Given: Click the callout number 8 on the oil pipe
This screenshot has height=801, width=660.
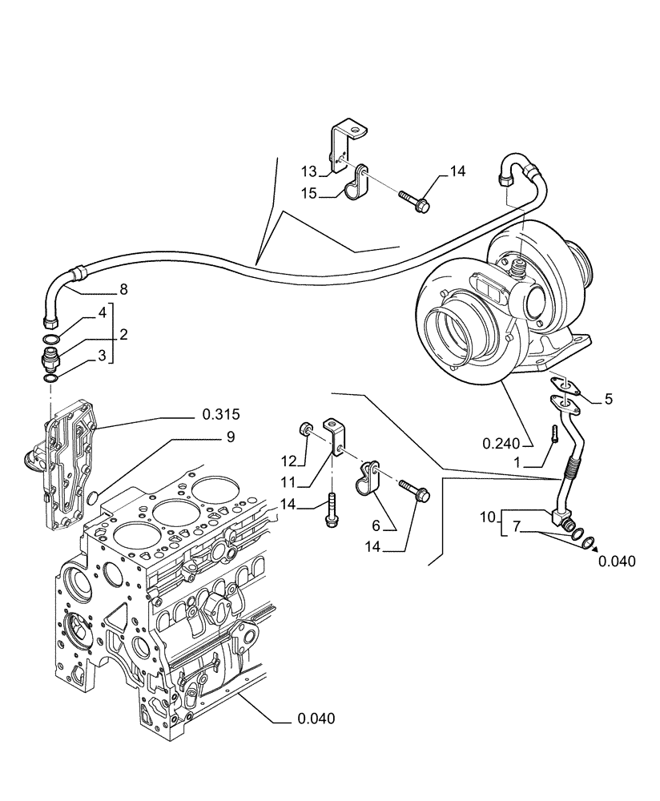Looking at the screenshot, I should click(x=123, y=289).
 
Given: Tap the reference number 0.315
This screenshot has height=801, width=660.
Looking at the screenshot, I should click(x=221, y=414).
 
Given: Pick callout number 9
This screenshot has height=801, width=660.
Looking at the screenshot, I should click(x=230, y=437).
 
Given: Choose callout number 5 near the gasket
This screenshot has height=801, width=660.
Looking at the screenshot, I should click(x=608, y=398).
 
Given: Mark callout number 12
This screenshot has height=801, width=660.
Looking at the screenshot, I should click(x=289, y=460).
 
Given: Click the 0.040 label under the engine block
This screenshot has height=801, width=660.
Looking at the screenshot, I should click(x=316, y=718).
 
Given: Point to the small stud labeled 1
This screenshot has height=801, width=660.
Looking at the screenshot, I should click(x=553, y=433).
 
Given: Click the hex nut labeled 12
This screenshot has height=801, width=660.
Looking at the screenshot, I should click(x=305, y=431).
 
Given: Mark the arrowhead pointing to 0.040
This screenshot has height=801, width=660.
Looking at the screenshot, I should click(x=594, y=547).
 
